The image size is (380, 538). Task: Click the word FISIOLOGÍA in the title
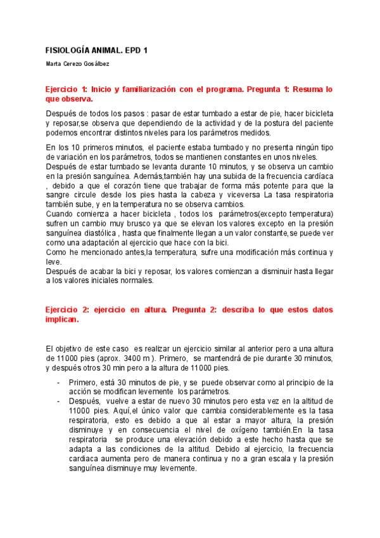[71, 50]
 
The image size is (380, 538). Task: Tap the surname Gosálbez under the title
[111, 64]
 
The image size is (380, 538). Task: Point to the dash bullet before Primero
[58, 383]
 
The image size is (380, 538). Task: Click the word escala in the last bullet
[265, 459]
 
